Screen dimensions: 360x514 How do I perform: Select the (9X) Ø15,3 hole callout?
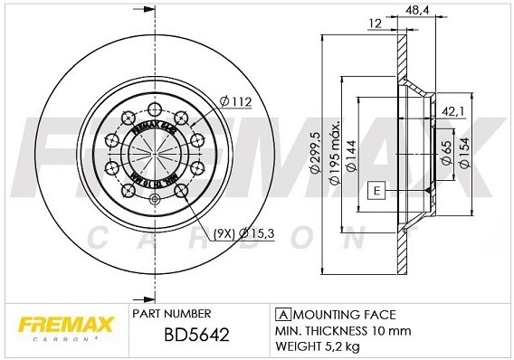[244, 233]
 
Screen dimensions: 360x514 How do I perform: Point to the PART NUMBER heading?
[172, 314]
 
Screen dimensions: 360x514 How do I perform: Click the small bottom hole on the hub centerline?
[154, 200]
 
